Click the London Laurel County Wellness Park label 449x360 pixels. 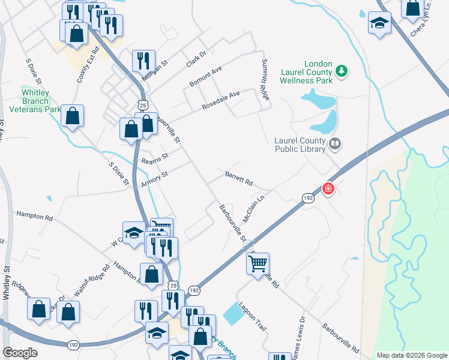309,72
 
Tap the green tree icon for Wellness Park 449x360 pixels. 342,71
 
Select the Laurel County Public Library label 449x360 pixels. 300,145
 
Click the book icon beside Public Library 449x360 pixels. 335,143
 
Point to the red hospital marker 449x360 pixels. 328,189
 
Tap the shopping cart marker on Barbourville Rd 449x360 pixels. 258,263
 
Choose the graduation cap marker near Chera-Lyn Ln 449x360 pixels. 379,24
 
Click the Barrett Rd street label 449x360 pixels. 239,179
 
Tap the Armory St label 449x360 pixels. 154,179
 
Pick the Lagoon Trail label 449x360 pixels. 252,316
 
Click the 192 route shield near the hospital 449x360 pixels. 307,198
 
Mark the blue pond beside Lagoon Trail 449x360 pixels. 231,313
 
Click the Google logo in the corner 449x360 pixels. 20,353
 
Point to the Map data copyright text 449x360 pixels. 411,355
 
